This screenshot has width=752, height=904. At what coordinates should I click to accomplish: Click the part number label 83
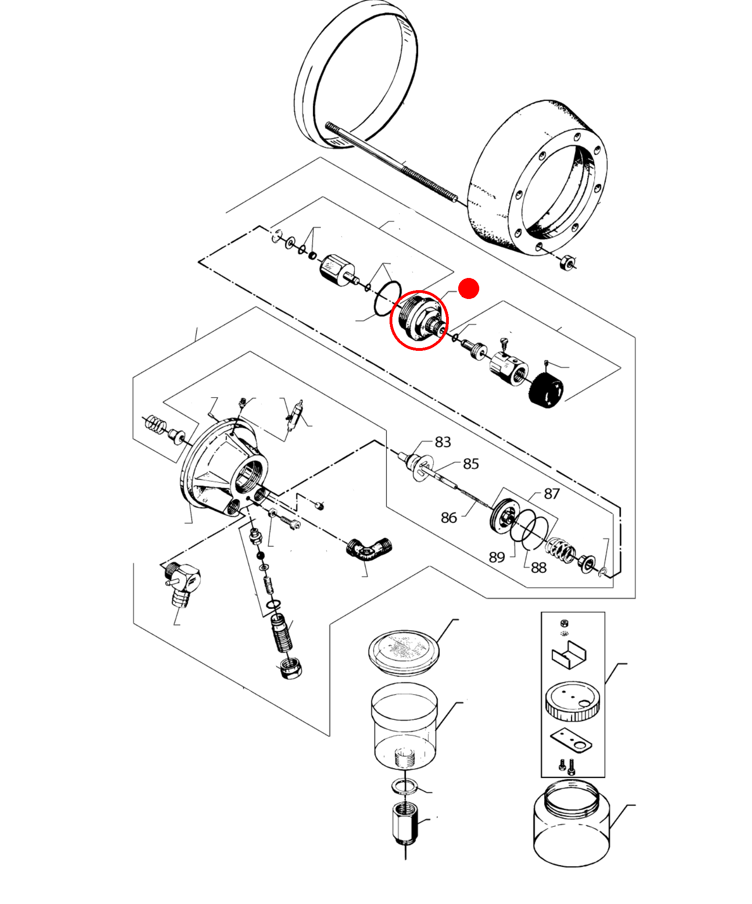pos(442,442)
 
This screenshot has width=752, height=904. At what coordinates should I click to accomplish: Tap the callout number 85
pos(471,463)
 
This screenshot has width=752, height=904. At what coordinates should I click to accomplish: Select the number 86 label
pos(448,517)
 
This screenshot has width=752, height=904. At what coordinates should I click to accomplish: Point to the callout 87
pos(551,493)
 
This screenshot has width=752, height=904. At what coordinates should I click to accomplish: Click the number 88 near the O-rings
pos(538,567)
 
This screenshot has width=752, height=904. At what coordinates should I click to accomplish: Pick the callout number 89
pos(497,557)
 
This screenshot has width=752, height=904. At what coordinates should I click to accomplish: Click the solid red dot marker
pos(468,288)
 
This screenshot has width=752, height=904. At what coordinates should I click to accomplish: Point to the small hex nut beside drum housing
pos(566,263)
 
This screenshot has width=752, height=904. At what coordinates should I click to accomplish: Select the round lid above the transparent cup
pos(404,652)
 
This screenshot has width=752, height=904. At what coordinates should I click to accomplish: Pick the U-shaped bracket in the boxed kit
pos(569,654)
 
